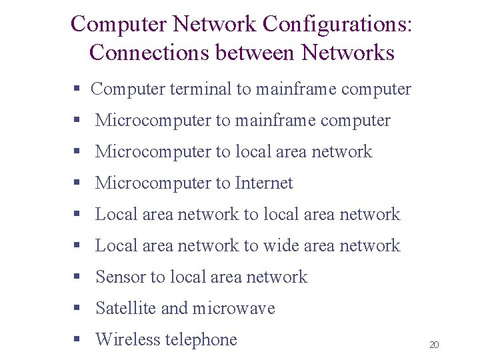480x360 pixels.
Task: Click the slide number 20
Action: click(434, 345)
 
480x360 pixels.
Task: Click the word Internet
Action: click(264, 183)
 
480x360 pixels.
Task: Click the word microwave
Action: click(233, 308)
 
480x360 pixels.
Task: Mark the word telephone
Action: click(201, 339)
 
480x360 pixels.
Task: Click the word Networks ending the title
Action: click(348, 53)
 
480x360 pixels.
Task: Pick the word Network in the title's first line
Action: click(214, 25)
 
